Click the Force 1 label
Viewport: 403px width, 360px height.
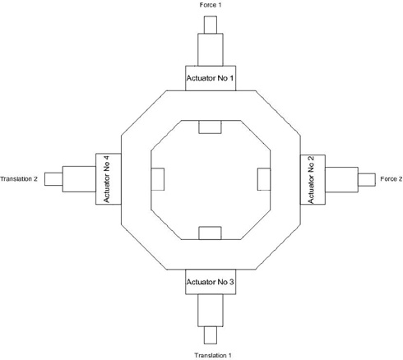[x=211, y=5]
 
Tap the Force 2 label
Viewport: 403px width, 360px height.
[x=391, y=179]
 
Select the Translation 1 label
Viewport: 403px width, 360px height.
[x=213, y=355]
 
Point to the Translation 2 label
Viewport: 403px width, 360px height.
[x=19, y=179]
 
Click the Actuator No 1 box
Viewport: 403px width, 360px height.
[x=211, y=78]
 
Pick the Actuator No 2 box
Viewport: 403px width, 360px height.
[x=313, y=179]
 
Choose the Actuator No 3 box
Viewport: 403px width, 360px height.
[x=211, y=282]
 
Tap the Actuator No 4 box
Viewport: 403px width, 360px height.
[x=109, y=179]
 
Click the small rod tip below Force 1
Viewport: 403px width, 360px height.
[x=211, y=25]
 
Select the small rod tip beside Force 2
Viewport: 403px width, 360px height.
[x=367, y=180]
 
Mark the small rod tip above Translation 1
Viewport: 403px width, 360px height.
[x=211, y=335]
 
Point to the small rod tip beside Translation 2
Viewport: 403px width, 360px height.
[x=53, y=179]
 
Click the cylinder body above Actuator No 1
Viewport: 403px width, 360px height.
[x=211, y=49]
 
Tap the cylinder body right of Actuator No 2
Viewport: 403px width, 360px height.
[x=341, y=180]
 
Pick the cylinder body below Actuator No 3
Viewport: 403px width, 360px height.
[x=211, y=311]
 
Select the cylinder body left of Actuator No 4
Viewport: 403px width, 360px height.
[x=79, y=179]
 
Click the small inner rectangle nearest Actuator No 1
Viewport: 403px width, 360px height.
[x=210, y=127]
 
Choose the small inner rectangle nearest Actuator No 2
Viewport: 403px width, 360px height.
[x=264, y=179]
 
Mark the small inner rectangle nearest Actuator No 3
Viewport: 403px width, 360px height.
[x=210, y=233]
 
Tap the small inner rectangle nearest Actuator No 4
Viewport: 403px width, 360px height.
[x=158, y=179]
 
